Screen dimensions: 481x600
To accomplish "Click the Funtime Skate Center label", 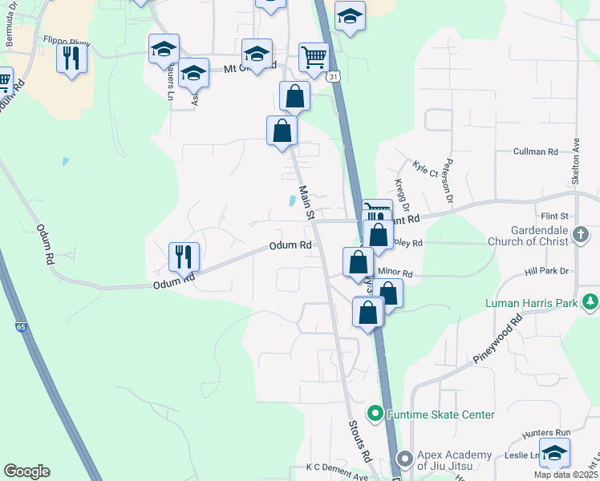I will coord(440,414).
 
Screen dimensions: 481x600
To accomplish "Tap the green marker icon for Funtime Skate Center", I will coord(374,414).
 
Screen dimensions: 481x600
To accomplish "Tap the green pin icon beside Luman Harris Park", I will coord(591,302).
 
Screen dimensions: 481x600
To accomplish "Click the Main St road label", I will coord(306,203).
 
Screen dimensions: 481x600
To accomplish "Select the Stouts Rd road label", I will coord(359,440).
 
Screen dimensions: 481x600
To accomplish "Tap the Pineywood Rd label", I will coord(497,339).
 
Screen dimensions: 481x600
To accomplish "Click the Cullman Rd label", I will coord(536,152).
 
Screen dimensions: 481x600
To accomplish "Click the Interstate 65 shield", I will coord(21,327).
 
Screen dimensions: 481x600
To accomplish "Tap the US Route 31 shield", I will coord(333,75).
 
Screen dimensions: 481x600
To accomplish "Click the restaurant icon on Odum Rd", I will coord(184,257).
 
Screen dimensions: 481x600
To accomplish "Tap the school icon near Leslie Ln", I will coord(554,452).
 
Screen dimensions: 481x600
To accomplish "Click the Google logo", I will coord(26,471).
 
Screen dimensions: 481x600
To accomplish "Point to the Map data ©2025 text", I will coord(565,475).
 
